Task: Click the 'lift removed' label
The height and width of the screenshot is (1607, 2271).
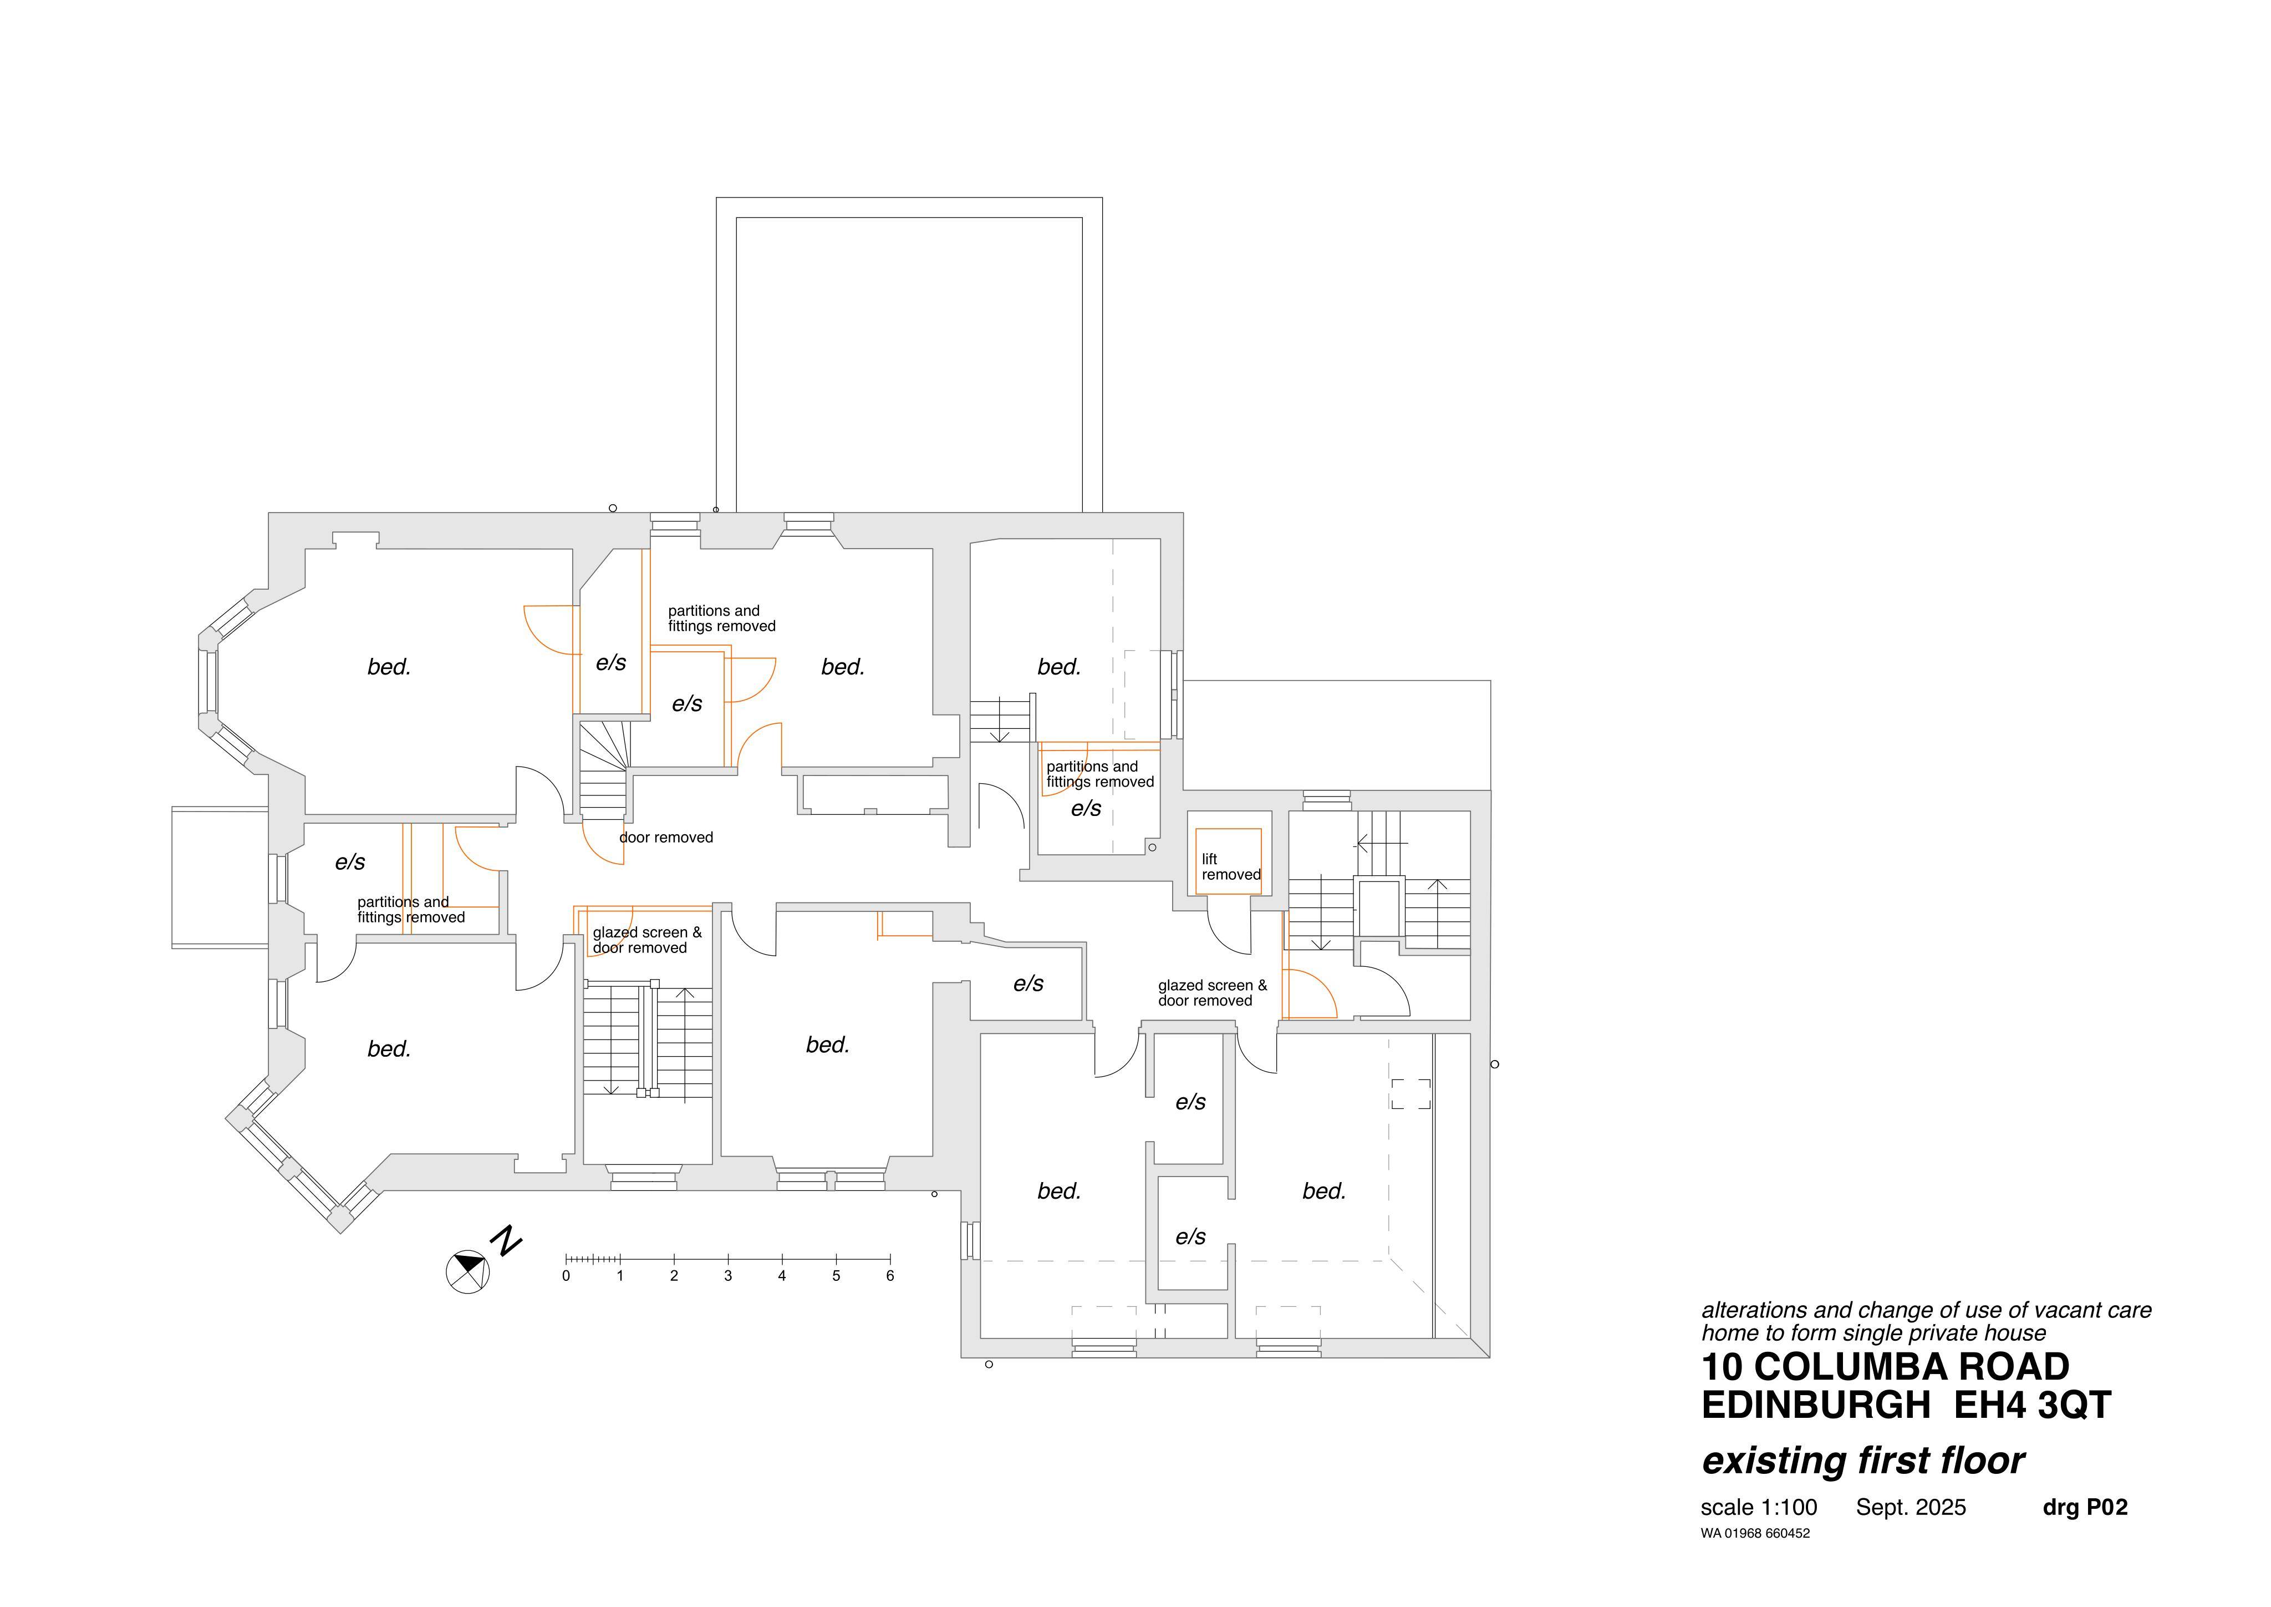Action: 1230,867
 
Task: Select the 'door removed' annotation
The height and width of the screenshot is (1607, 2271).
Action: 666,837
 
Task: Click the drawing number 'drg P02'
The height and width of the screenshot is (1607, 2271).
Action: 2085,1507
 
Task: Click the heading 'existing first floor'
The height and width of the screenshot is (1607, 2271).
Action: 1862,1461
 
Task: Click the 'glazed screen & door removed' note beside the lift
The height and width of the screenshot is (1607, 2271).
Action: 1211,992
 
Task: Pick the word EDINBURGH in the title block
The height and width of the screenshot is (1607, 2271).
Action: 1816,1405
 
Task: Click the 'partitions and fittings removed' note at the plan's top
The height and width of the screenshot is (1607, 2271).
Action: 721,619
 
